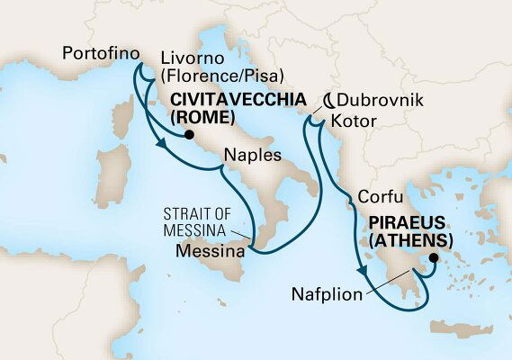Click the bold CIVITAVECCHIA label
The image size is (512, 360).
pyautogui.click(x=230, y=100)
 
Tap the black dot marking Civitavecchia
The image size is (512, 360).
pyautogui.click(x=188, y=136)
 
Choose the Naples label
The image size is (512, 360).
pyautogui.click(x=252, y=155)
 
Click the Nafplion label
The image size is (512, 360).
pyautogui.click(x=327, y=294)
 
